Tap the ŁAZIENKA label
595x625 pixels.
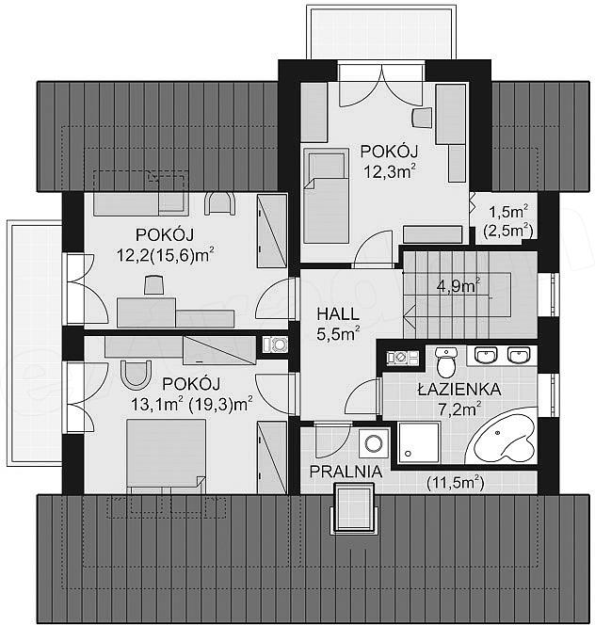point(459,390)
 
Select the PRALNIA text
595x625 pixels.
point(346,472)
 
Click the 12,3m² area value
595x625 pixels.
point(389,172)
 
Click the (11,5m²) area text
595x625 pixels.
point(455,483)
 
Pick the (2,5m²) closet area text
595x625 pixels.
point(508,230)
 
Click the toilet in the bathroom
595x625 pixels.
point(446,361)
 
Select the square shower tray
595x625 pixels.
point(419,442)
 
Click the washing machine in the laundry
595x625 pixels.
point(374,442)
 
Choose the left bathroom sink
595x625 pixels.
point(485,355)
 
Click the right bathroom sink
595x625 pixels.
point(518,355)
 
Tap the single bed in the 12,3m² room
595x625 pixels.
point(326,196)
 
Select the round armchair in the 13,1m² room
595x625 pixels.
point(136,375)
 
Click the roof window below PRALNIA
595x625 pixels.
point(353,508)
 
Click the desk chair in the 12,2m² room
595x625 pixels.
point(154,284)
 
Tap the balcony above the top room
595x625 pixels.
point(381,32)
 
